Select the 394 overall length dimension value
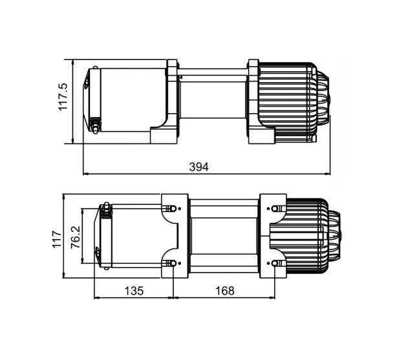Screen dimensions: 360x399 pos(199,167)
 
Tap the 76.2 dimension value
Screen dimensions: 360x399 pos(75,236)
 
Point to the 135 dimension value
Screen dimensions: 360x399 pos(133,291)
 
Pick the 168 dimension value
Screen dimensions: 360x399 pos(224,291)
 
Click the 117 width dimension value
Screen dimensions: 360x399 pos(56,236)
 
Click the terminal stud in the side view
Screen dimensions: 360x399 pos(96,124)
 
